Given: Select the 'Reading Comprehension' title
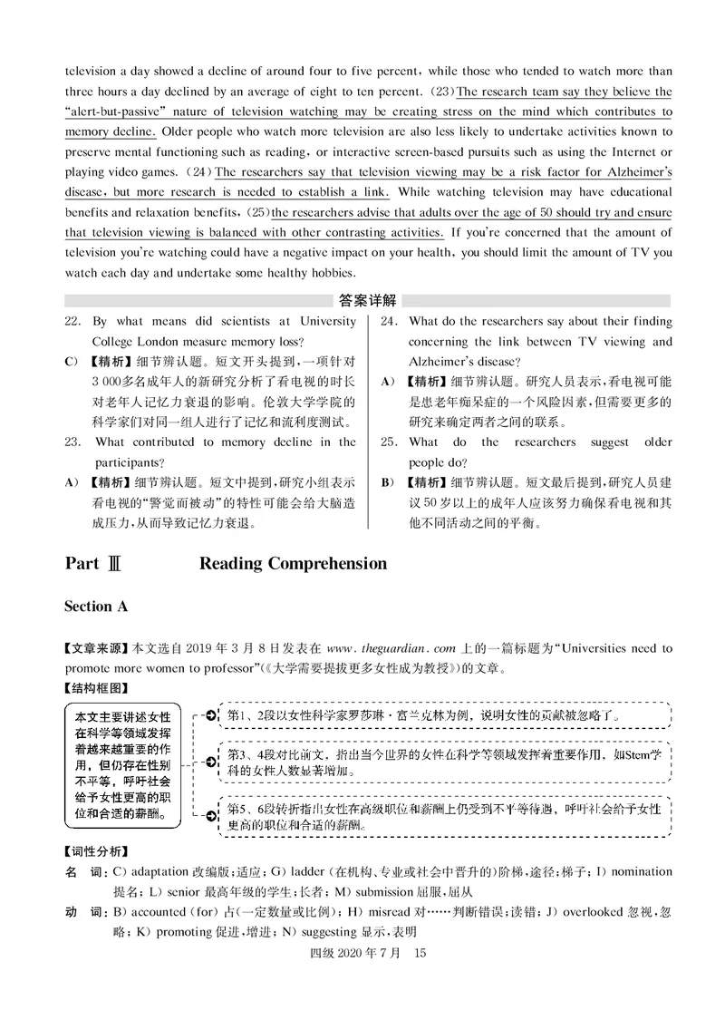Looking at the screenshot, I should coord(293,564).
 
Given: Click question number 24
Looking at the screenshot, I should coord(389,321).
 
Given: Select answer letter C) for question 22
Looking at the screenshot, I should coord(72,362).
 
